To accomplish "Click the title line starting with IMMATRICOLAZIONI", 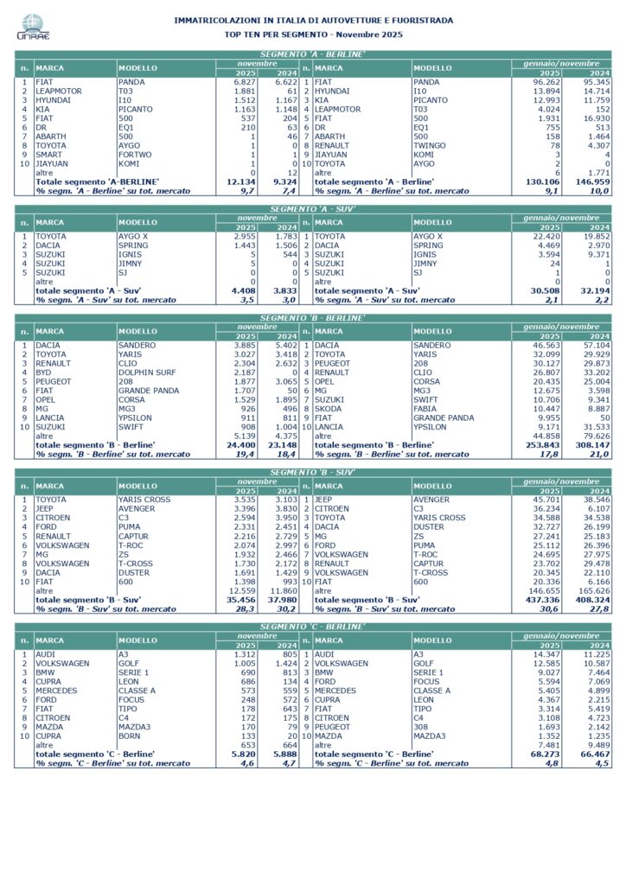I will (313, 20).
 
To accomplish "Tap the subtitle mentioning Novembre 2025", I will (313, 34).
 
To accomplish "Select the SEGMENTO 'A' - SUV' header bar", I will (313, 209).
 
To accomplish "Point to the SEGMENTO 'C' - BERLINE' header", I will (313, 625).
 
